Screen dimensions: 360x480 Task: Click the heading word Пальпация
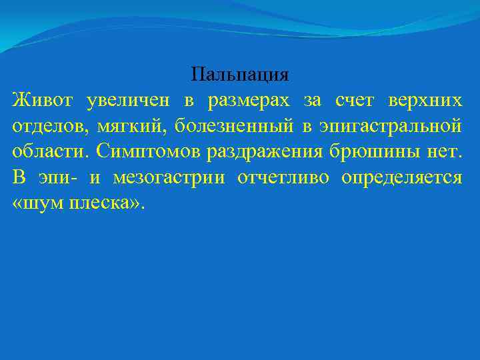coord(239,74)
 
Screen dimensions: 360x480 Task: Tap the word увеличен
coord(126,100)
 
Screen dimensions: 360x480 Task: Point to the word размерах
coord(249,100)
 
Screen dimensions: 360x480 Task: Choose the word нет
coord(445,151)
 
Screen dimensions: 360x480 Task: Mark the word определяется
coord(402,177)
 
